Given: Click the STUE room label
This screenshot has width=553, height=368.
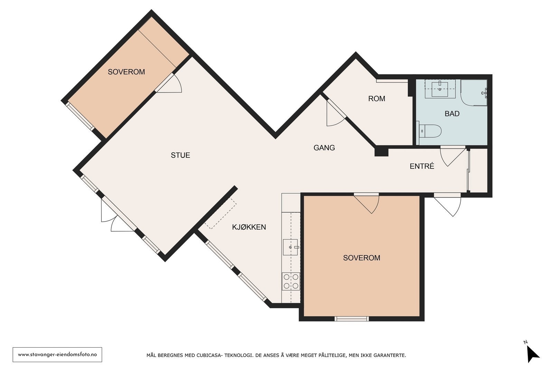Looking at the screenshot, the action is (180, 155).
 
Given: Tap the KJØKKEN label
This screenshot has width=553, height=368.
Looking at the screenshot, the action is (249, 227).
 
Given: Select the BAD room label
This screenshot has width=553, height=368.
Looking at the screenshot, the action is (452, 114).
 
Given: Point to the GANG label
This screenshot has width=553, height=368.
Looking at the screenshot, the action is (324, 148).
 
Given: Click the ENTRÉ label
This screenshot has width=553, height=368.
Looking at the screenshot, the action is (422, 166).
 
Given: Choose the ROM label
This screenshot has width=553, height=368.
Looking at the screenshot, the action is (376, 99).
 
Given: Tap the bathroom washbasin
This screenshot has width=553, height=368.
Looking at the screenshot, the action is (440, 89).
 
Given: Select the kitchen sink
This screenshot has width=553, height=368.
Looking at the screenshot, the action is (291, 247).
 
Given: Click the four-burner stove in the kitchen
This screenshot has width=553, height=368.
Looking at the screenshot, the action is (291, 281).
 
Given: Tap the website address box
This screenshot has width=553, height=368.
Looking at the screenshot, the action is (57, 355).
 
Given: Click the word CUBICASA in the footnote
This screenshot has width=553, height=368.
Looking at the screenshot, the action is (208, 356).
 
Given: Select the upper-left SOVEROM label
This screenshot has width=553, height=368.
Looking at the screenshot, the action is (126, 72).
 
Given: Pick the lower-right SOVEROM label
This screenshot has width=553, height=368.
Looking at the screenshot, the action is (362, 258).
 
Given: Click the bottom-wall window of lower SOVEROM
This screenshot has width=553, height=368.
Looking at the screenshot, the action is (352, 319).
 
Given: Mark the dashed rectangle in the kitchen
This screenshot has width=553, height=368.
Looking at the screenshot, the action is (221, 213).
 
